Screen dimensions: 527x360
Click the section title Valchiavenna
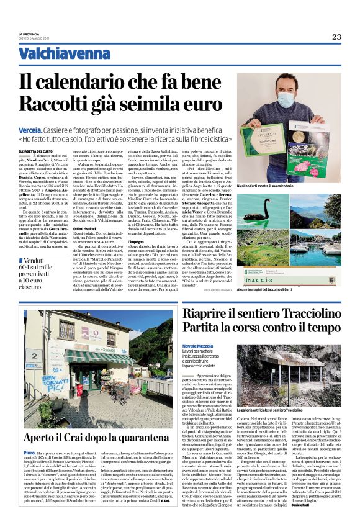(58, 54)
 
